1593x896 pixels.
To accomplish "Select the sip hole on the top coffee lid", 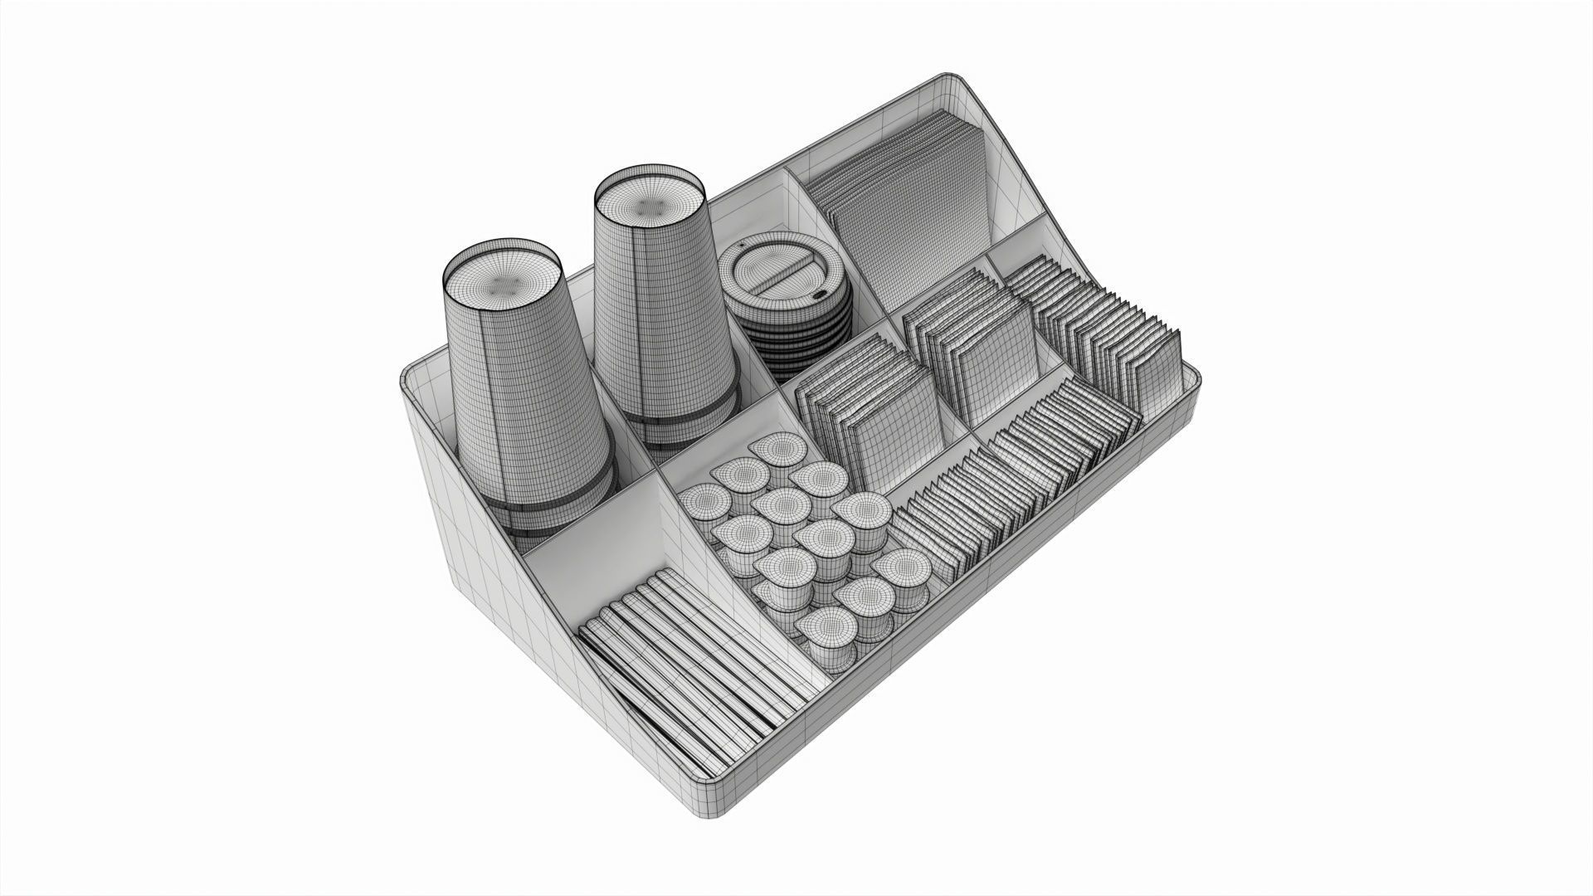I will click(x=820, y=294).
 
